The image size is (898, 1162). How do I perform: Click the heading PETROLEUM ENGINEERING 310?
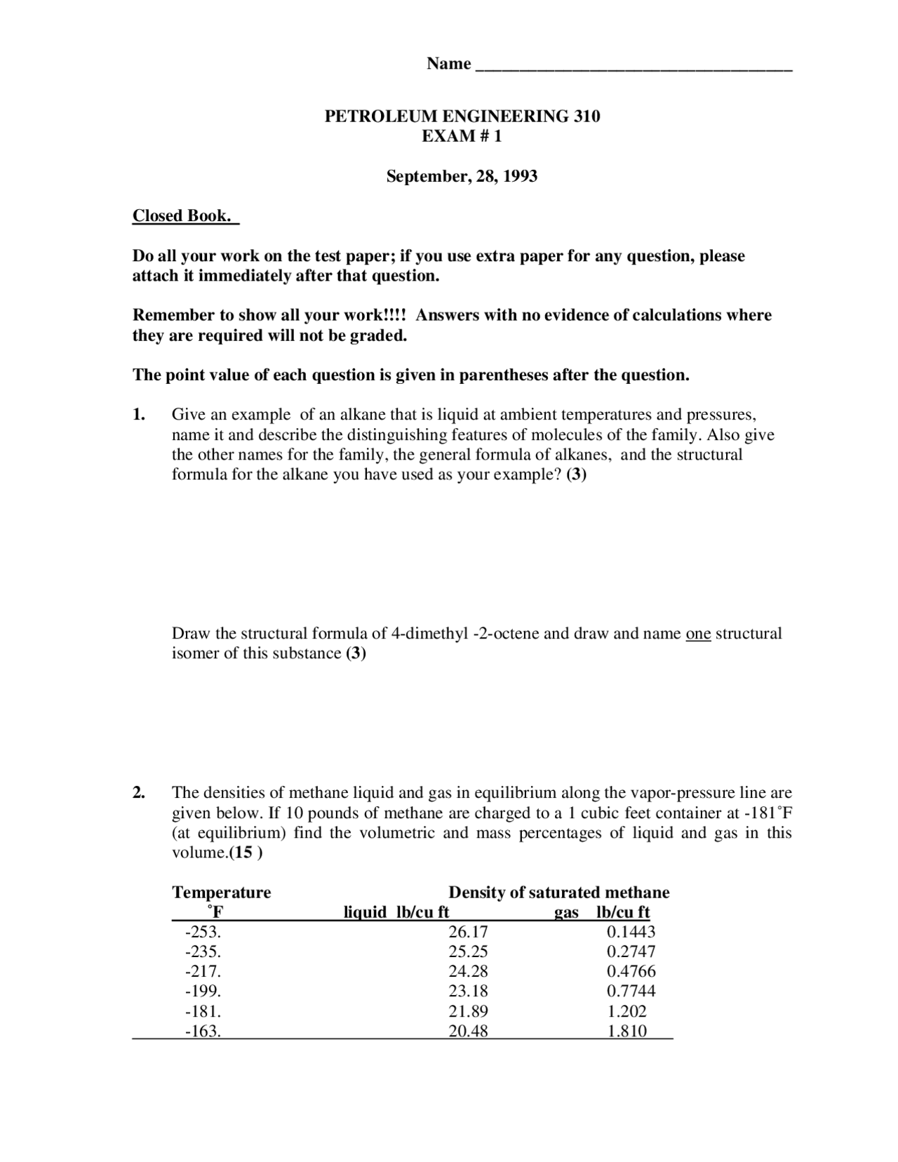462,116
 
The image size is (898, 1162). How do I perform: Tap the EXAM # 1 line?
462,136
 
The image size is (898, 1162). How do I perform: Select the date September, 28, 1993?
462,176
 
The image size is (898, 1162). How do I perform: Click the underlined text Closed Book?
184,216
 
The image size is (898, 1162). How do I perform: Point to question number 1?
139,415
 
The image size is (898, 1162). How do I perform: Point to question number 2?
139,793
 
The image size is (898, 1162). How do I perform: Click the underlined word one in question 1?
698,634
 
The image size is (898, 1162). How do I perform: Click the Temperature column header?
221,893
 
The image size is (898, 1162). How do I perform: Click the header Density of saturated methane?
558,893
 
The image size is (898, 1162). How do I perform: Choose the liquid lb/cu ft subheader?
396,912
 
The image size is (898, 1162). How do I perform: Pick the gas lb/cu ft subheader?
602,912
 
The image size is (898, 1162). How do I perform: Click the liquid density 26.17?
468,933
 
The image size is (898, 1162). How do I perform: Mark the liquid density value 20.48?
468,1031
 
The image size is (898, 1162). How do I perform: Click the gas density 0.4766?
631,972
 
